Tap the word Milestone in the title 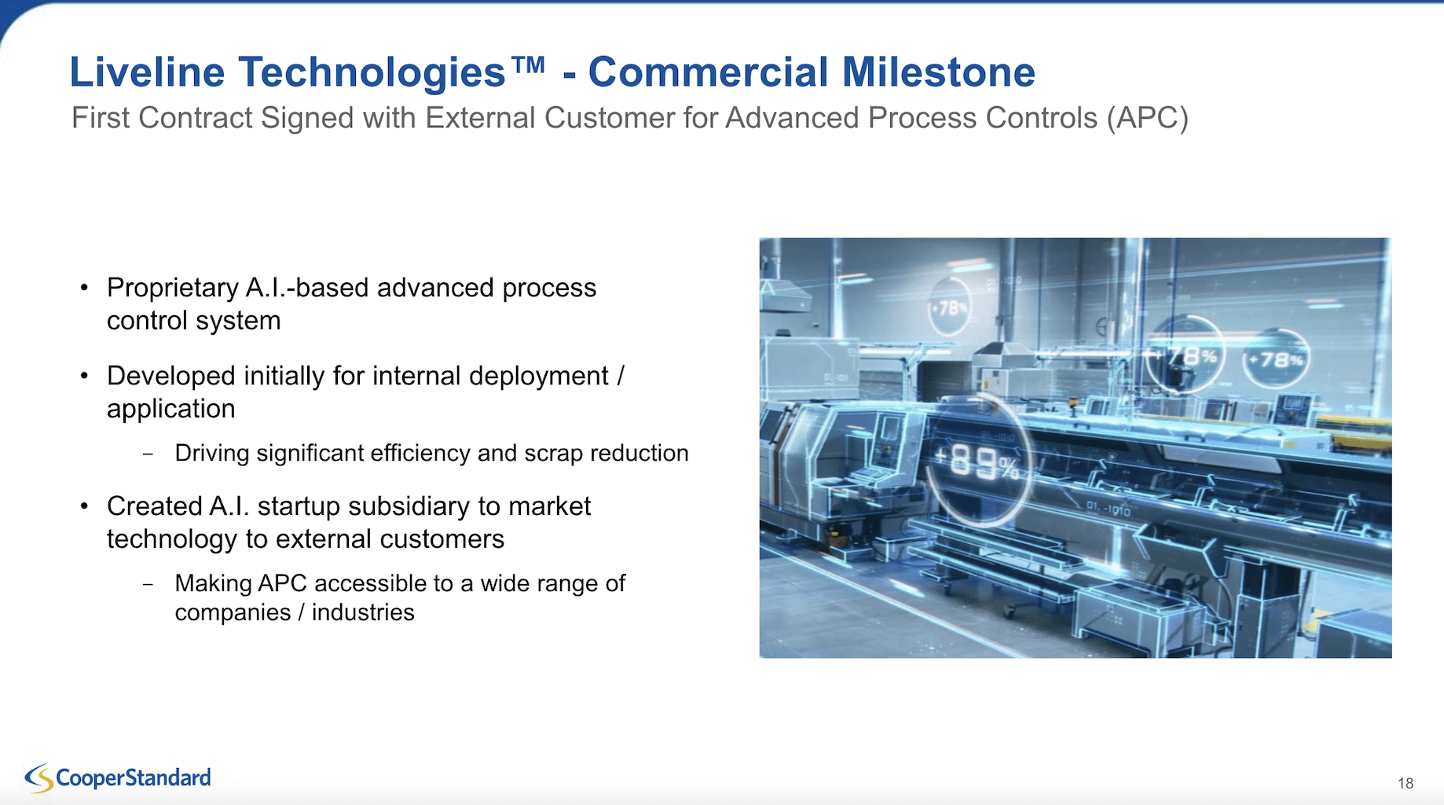pos(939,72)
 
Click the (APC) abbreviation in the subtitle pos(1148,118)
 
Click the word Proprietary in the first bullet pos(173,289)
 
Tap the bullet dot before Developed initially pos(84,376)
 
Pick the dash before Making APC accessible pos(148,584)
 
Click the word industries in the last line pos(363,612)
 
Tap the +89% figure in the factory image pos(977,462)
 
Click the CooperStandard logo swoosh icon pos(39,778)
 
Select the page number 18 pos(1406,783)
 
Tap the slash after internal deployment pos(621,376)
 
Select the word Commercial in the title pos(709,72)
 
